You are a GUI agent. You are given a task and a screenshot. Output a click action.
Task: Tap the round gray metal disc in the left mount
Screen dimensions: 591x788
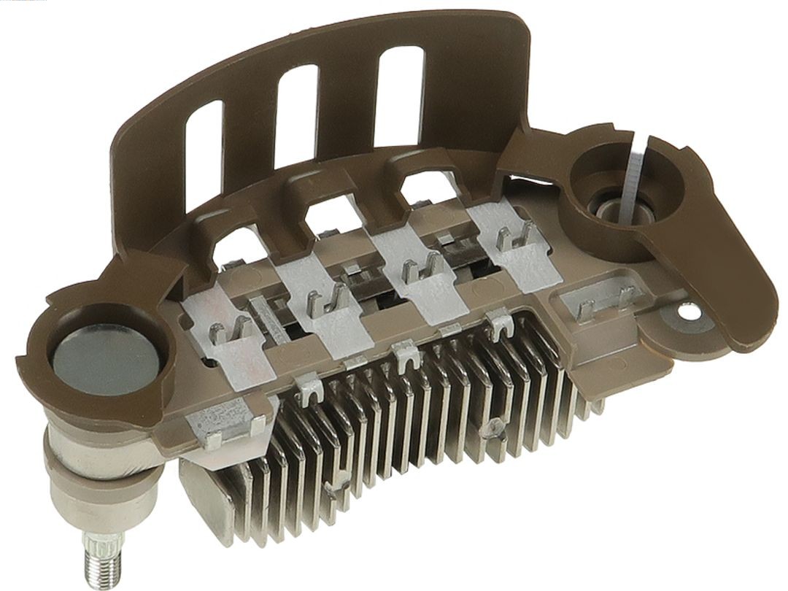(x=104, y=359)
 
